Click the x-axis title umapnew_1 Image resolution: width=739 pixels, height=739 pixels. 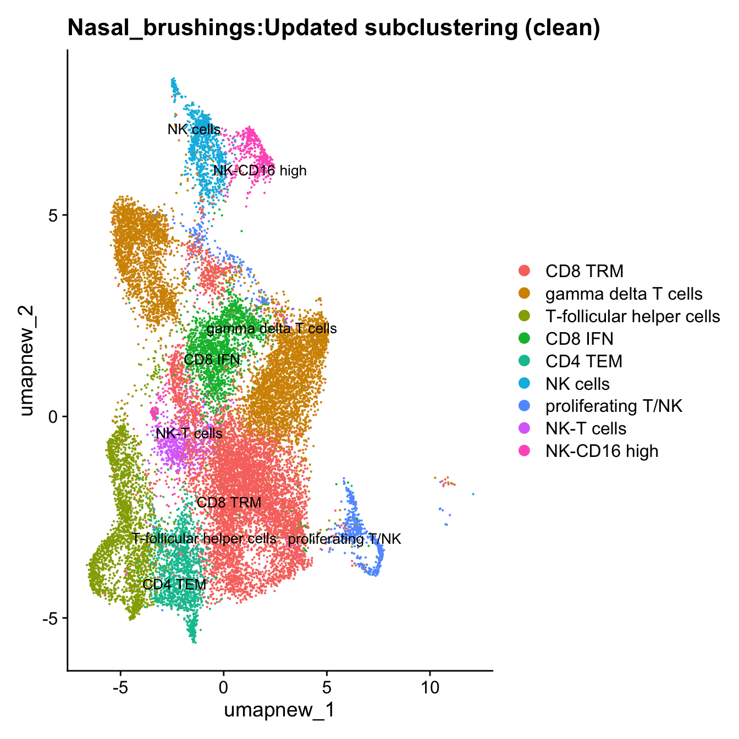279,710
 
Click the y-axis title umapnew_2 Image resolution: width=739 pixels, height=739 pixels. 28,361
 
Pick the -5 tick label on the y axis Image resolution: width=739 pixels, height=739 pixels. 51,618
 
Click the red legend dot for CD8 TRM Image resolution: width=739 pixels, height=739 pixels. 525,271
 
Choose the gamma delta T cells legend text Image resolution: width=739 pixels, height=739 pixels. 624,294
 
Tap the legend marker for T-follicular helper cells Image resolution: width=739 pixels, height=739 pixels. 525,316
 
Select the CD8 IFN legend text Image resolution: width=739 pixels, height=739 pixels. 579,339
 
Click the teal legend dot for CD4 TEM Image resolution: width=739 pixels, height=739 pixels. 525,361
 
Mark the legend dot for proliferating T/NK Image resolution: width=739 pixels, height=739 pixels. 525,406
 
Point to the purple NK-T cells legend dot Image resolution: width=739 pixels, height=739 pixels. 525,429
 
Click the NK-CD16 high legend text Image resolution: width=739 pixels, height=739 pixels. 602,451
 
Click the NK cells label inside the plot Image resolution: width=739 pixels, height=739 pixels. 194,130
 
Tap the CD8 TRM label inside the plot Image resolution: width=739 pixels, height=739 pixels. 229,502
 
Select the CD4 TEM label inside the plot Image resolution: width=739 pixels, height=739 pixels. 174,584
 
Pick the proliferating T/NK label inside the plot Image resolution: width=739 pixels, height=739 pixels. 345,539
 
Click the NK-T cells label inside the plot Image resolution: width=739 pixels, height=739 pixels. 189,433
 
